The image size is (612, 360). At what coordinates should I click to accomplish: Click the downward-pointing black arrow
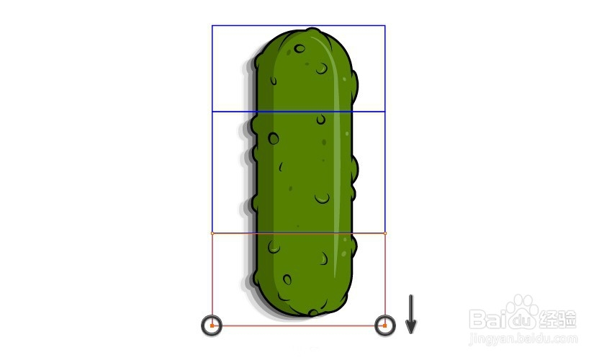tap(410, 315)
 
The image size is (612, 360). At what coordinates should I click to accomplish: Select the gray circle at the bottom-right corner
tap(385, 317)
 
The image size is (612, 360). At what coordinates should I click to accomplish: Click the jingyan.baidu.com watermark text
tap(523, 338)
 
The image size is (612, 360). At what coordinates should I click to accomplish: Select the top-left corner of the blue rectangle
tap(212, 26)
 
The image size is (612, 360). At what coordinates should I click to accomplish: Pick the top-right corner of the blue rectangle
tap(385, 26)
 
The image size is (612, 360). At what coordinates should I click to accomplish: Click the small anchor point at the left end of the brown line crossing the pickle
tap(212, 233)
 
